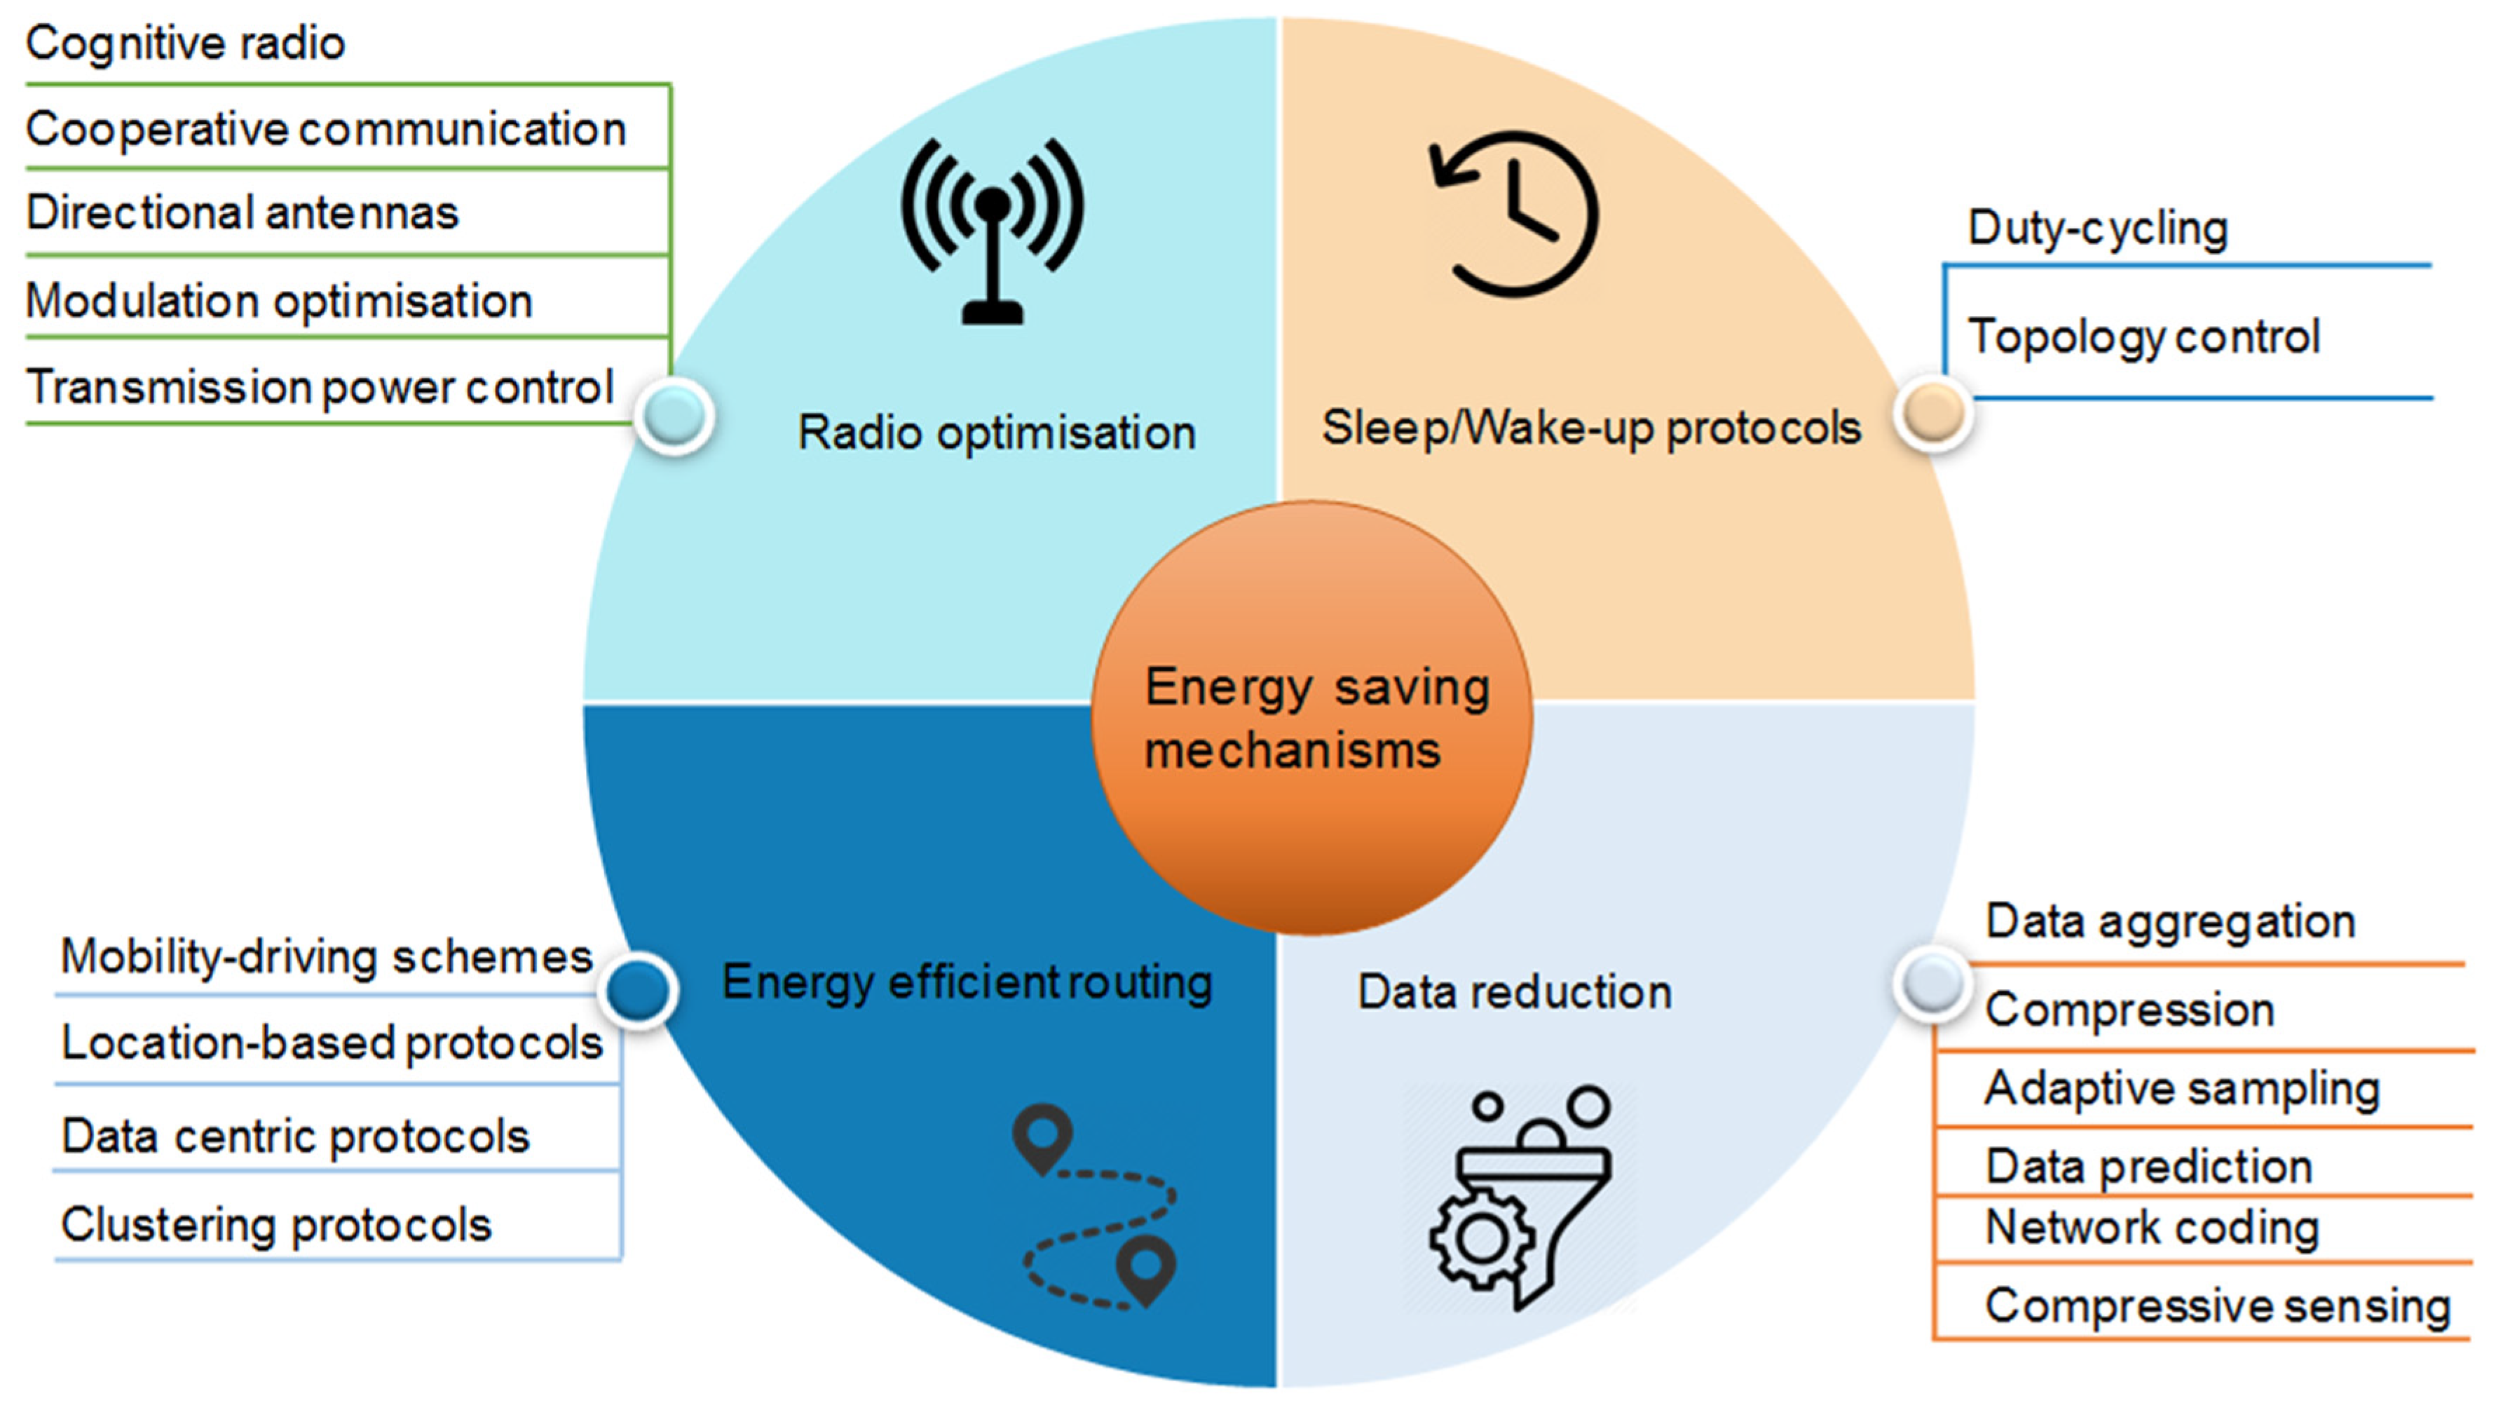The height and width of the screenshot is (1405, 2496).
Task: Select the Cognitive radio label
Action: (x=185, y=43)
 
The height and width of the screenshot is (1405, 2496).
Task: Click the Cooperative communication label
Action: (x=325, y=129)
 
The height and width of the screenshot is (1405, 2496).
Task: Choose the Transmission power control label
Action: (x=320, y=386)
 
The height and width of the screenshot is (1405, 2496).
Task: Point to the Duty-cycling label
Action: (x=2098, y=229)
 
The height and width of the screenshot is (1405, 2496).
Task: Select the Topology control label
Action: (x=2143, y=337)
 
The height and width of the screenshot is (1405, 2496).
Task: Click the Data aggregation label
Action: (x=2169, y=921)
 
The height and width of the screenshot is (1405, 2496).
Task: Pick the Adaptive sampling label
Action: (x=2182, y=1088)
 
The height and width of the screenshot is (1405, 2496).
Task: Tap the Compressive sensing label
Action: (x=2217, y=1305)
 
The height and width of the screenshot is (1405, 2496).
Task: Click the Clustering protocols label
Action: (x=276, y=1225)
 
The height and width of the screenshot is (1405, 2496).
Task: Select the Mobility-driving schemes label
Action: (x=325, y=957)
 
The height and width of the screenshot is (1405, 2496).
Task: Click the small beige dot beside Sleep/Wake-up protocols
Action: (x=1933, y=413)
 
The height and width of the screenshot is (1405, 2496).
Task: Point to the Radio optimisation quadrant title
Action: (x=996, y=432)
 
